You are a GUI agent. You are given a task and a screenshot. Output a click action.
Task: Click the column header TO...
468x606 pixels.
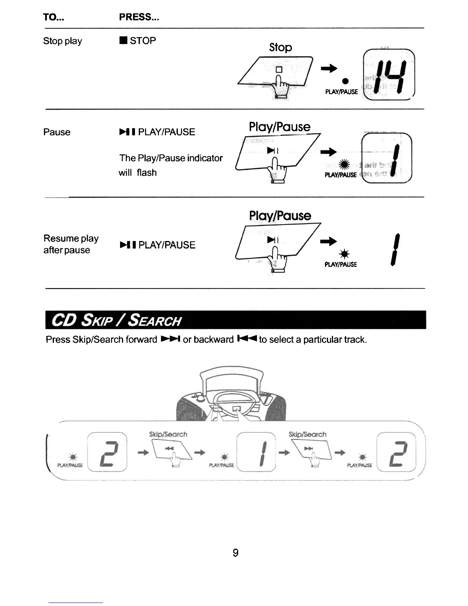[54, 17]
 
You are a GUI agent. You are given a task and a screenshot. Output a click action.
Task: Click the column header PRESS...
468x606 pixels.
[139, 17]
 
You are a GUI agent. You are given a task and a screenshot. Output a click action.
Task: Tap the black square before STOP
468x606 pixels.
[123, 41]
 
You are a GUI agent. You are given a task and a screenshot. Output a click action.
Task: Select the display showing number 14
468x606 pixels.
[389, 75]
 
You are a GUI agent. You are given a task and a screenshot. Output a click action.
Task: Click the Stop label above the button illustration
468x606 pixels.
[280, 47]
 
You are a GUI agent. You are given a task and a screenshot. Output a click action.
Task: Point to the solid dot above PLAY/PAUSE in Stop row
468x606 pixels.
[345, 81]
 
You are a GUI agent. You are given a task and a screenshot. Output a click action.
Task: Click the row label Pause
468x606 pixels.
[57, 132]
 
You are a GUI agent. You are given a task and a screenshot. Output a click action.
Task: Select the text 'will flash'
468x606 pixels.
[138, 173]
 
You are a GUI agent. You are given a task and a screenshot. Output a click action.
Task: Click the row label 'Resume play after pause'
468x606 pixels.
[71, 244]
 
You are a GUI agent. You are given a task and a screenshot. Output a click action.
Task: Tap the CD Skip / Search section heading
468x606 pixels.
[116, 320]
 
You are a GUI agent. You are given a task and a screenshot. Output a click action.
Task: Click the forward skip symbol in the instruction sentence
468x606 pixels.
[170, 339]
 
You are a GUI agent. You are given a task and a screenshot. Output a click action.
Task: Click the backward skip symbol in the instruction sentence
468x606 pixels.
[247, 339]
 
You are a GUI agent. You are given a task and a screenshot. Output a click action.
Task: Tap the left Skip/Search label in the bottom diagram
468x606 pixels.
[168, 435]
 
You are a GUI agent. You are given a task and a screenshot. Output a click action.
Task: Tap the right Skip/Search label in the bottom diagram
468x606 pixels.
[307, 435]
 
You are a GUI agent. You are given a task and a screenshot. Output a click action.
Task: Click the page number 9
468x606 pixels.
[236, 553]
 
